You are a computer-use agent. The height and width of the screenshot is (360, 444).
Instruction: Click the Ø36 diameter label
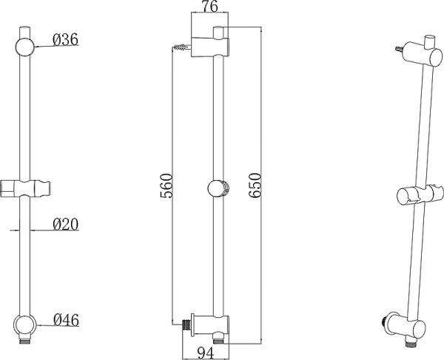(x=65, y=39)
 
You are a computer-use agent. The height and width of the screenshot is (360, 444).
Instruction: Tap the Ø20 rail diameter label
(x=65, y=224)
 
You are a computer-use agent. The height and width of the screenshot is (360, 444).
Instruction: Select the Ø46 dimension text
(x=67, y=320)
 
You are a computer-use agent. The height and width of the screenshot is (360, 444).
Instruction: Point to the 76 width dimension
(x=210, y=7)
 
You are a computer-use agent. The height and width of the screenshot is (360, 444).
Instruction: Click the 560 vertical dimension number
(x=166, y=186)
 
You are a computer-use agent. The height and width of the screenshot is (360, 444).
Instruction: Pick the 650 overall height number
(x=254, y=185)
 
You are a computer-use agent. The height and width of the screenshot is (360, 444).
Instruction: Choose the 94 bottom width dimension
(x=206, y=353)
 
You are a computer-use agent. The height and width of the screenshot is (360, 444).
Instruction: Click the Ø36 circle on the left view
(x=25, y=47)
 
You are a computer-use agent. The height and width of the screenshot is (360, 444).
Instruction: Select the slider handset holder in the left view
(x=25, y=188)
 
